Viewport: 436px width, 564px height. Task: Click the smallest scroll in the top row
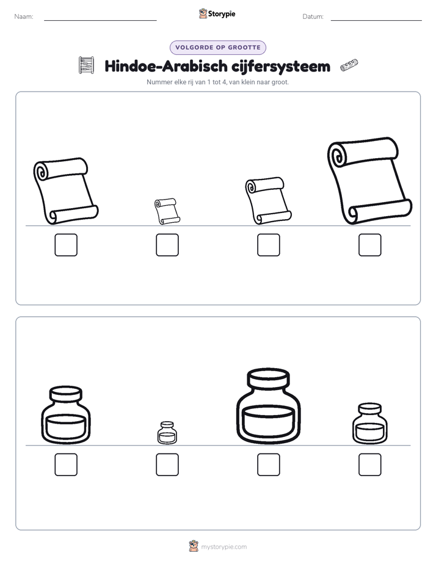tap(167, 211)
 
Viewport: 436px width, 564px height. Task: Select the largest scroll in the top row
tap(370, 181)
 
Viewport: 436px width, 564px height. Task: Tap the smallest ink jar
tap(167, 433)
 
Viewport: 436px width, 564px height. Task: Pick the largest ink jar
tap(268, 406)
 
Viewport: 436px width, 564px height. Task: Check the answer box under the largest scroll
tap(370, 245)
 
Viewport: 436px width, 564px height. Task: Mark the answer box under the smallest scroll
tap(167, 245)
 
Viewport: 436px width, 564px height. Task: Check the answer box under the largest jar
tap(268, 465)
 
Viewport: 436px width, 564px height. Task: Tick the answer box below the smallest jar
tap(167, 465)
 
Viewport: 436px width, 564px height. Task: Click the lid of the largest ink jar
tap(268, 378)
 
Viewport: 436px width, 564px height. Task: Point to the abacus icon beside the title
tap(86, 65)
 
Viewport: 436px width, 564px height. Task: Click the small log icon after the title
tap(349, 65)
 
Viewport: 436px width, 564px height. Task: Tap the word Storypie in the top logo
tap(222, 14)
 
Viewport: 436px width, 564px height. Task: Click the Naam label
tap(24, 16)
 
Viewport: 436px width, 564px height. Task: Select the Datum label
tap(313, 16)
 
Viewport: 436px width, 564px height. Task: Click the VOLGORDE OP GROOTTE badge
tap(218, 48)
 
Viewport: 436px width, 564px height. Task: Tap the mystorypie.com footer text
tap(223, 547)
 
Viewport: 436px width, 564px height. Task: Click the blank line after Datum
tap(376, 20)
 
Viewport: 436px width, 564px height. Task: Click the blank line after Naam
tap(100, 20)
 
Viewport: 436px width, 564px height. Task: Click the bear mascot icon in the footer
tap(194, 546)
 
